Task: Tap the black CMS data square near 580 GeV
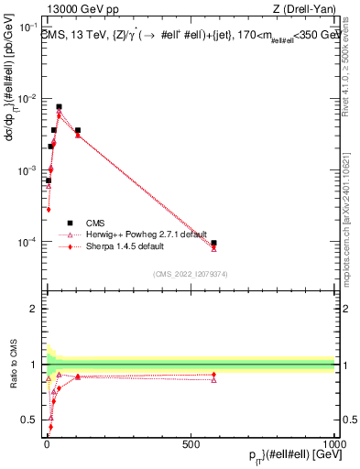coord(213,243)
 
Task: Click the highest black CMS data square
coord(60,107)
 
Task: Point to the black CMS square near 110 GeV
coord(78,130)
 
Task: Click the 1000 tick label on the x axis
coord(333,442)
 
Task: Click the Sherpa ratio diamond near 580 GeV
coord(213,374)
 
